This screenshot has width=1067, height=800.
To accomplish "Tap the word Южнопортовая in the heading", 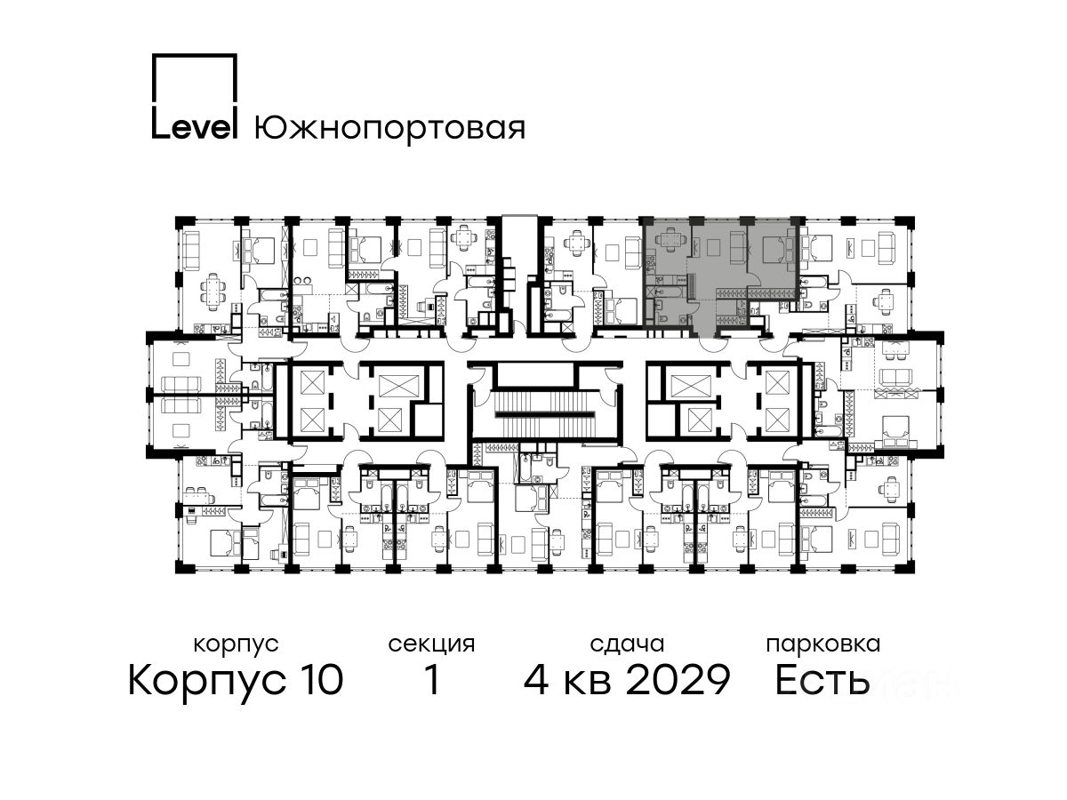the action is click(x=389, y=128).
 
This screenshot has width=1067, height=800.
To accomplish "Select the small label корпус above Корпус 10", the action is click(x=236, y=645).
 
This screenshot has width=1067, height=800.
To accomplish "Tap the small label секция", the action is click(x=431, y=645).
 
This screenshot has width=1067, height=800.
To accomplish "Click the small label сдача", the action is click(x=627, y=644).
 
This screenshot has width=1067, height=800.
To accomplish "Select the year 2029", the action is click(x=678, y=680).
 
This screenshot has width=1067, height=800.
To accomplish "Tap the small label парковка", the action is click(x=823, y=645).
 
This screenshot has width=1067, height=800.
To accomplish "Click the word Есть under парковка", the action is click(x=821, y=680).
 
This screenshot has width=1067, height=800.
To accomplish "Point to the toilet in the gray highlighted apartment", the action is click(x=684, y=318).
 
